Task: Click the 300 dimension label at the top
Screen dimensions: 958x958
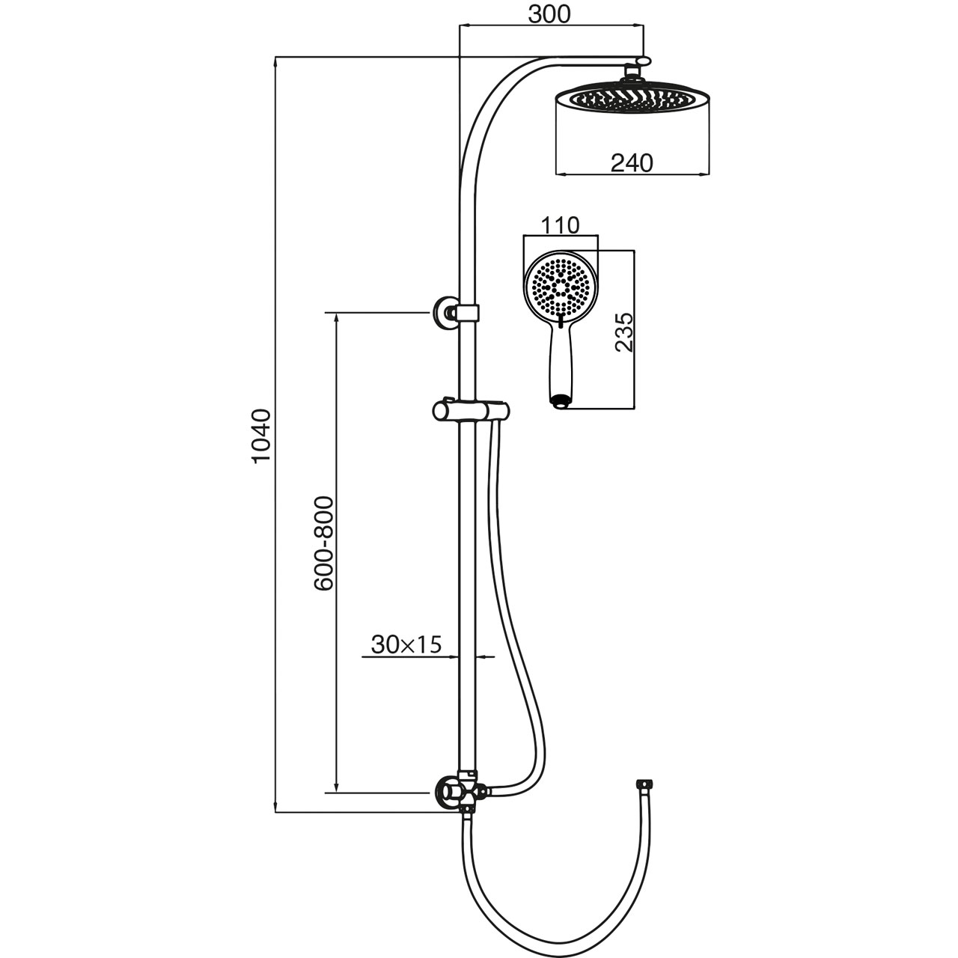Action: pos(549,15)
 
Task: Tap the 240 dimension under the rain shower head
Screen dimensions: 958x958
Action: pos(632,162)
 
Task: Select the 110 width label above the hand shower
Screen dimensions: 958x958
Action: pos(561,226)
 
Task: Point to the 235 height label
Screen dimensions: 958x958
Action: pos(624,332)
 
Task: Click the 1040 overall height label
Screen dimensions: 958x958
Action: pos(261,436)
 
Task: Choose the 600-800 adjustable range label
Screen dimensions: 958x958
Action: pos(323,543)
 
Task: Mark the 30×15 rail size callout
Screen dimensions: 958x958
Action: pos(406,645)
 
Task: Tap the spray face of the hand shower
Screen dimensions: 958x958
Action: pos(560,289)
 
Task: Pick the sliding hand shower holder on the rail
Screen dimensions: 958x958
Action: pos(471,412)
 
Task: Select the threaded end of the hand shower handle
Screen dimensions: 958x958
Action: pos(561,402)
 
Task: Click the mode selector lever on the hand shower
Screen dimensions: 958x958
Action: pos(561,321)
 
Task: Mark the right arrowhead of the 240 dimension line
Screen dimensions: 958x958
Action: pos(704,174)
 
